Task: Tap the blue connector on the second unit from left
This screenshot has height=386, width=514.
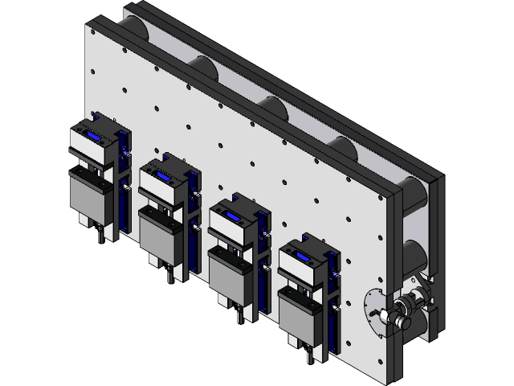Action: tap(164, 176)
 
